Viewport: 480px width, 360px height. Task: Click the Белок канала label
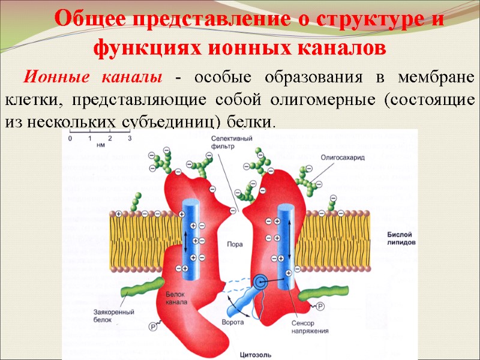click(176, 298)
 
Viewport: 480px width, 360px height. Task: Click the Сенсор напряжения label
click(310, 327)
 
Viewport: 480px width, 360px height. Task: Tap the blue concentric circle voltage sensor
click(261, 280)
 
